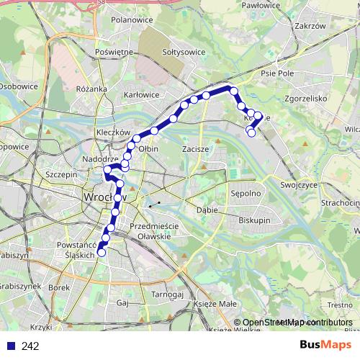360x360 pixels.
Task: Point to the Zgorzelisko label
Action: tap(306, 98)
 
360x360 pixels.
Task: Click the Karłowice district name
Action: tap(141, 94)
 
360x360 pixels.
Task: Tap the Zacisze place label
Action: tap(196, 149)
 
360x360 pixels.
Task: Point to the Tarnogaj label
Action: tap(168, 294)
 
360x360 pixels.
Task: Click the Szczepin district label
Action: tap(60, 174)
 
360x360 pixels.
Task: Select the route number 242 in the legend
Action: tap(30, 346)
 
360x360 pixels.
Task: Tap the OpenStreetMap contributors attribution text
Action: tap(297, 323)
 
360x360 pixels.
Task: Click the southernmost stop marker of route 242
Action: tap(102, 252)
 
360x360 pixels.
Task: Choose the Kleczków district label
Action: tap(113, 133)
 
